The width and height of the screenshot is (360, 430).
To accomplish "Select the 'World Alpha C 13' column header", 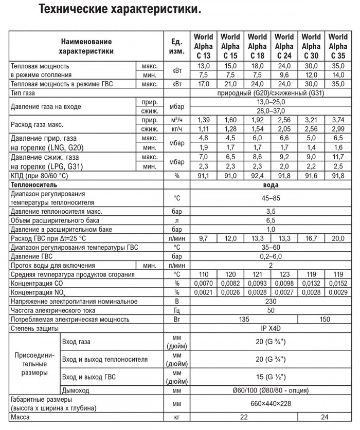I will click(203, 46).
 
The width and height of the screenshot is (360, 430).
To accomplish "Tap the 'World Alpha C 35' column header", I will click(337, 46).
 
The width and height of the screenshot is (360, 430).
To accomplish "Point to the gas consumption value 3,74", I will click(337, 119).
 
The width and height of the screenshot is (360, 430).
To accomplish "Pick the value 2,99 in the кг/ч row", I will click(337, 128).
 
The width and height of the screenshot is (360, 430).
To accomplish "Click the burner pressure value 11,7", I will click(337, 157).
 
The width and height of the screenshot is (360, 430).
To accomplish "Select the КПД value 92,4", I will click(257, 175).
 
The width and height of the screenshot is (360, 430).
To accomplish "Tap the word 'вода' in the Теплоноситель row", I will click(270, 184).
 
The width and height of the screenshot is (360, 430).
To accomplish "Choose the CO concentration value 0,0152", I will click(337, 284).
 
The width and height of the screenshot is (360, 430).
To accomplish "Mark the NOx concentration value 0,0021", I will click(203, 292).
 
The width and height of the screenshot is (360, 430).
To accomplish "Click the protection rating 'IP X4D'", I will click(270, 328).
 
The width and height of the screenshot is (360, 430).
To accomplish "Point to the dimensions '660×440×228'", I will click(270, 404).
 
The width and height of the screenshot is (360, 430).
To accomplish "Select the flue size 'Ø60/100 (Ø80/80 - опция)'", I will click(270, 390).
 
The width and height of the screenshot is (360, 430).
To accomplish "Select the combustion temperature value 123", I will click(284, 275).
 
